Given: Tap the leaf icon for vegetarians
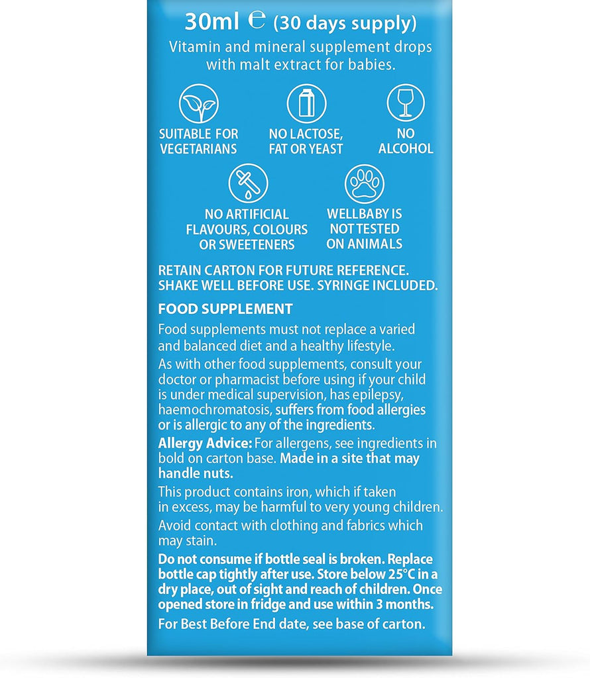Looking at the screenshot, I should [x=198, y=103].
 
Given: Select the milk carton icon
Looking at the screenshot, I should [x=306, y=103].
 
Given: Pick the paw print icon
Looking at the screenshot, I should [x=364, y=183].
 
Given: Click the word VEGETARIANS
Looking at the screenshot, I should [x=199, y=149].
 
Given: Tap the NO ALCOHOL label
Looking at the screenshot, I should [x=406, y=142].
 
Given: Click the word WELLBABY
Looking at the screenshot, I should [x=364, y=215].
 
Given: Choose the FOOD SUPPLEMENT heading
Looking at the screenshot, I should [x=225, y=309].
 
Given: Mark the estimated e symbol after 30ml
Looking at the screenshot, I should [x=255, y=21].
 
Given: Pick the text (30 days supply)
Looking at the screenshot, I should [x=345, y=23].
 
